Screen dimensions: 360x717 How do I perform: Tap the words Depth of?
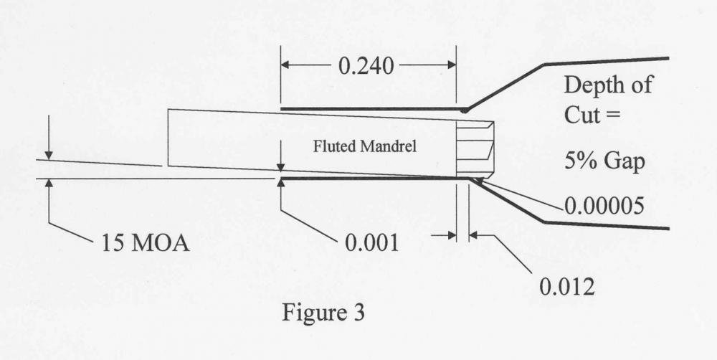pyautogui.click(x=608, y=85)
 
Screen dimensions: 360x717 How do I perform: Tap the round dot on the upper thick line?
pyautogui.click(x=466, y=110)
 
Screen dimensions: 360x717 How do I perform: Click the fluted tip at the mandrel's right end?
pyautogui.click(x=476, y=149)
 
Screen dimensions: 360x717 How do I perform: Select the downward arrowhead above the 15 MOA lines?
pyautogui.click(x=47, y=154)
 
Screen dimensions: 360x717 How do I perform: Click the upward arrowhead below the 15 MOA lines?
pyautogui.click(x=47, y=183)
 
